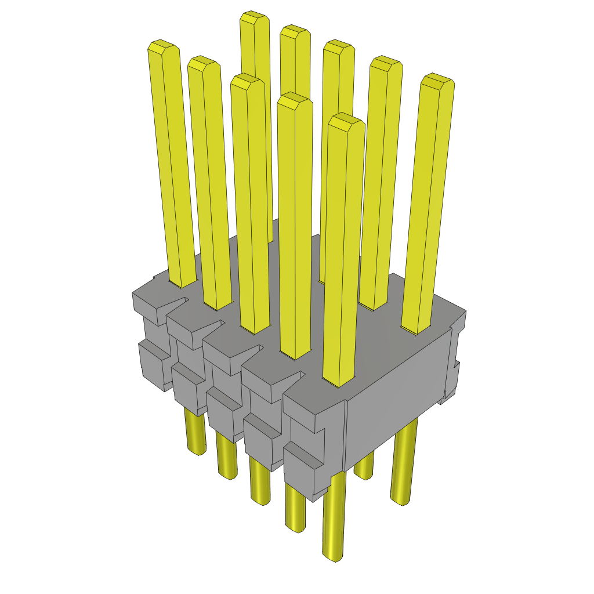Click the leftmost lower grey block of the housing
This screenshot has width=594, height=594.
point(154,365)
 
